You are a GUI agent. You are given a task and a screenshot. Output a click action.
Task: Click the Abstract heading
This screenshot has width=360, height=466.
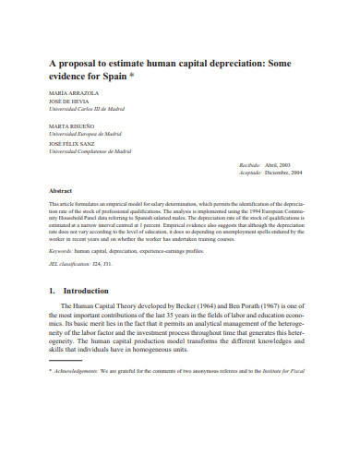click(61, 191)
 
